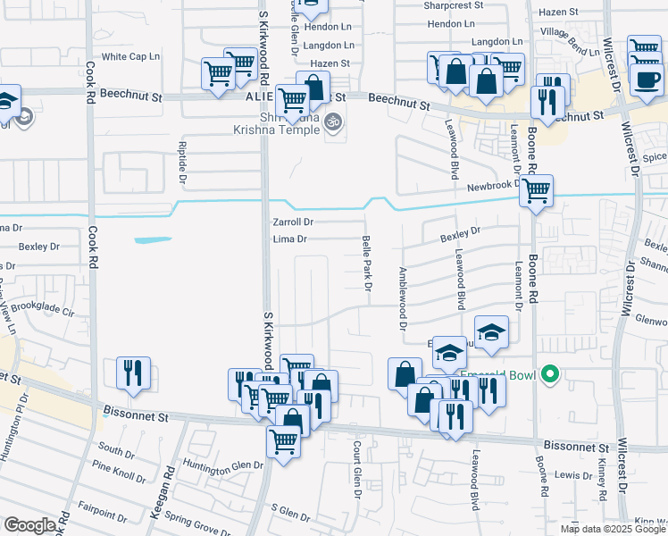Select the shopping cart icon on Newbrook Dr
click(x=535, y=190)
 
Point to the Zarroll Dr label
click(x=293, y=222)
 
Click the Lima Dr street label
click(x=289, y=239)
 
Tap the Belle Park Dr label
click(x=366, y=262)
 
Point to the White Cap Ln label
click(x=130, y=56)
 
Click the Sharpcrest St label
click(x=453, y=4)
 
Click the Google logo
click(x=29, y=525)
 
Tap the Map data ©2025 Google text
click(x=612, y=529)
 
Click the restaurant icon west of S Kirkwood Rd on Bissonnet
click(x=133, y=373)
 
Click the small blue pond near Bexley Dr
click(x=153, y=239)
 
